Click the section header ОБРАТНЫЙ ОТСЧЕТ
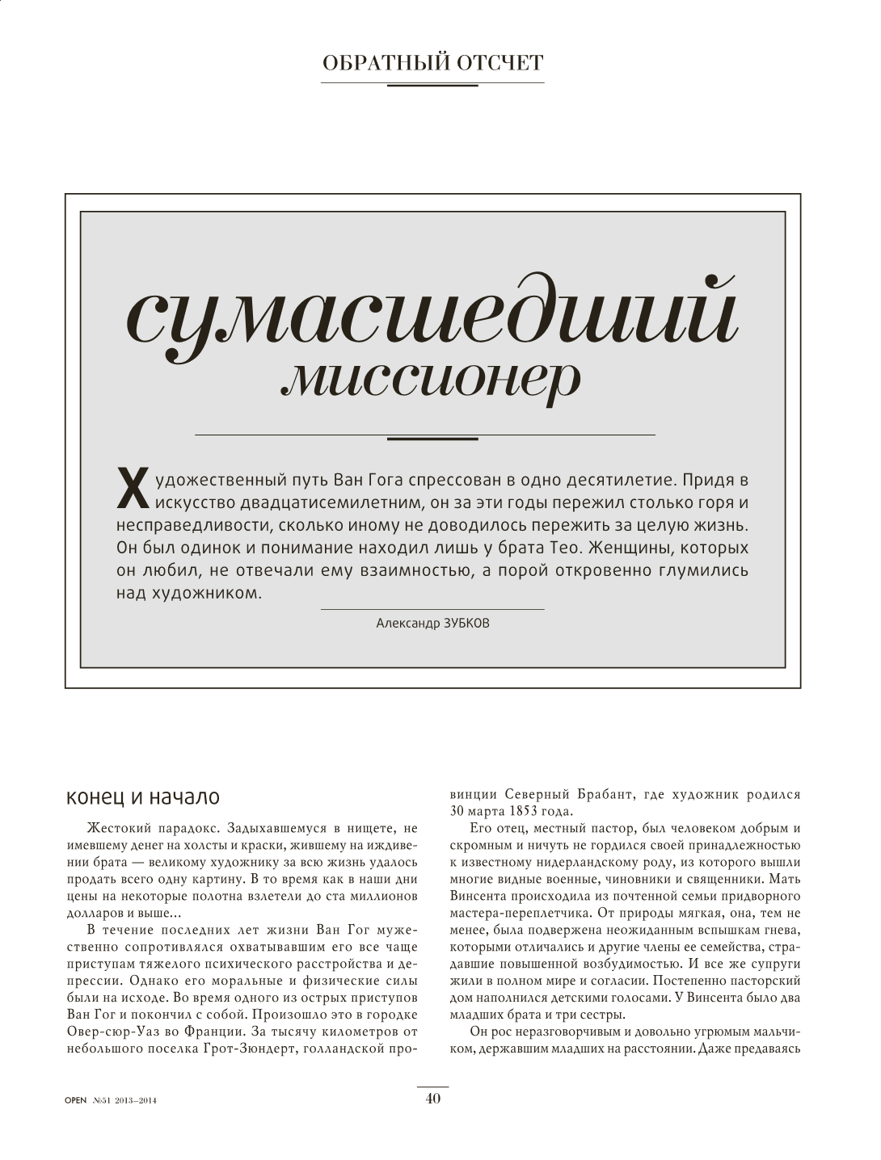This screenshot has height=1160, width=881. pyautogui.click(x=432, y=64)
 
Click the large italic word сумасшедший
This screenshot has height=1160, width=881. pyautogui.click(x=432, y=317)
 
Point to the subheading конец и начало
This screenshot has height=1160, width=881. pyautogui.click(x=143, y=797)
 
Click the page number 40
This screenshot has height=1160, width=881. pyautogui.click(x=433, y=1097)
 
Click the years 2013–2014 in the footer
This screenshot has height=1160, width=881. pyautogui.click(x=136, y=1099)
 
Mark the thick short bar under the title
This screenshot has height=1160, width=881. pyautogui.click(x=432, y=439)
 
